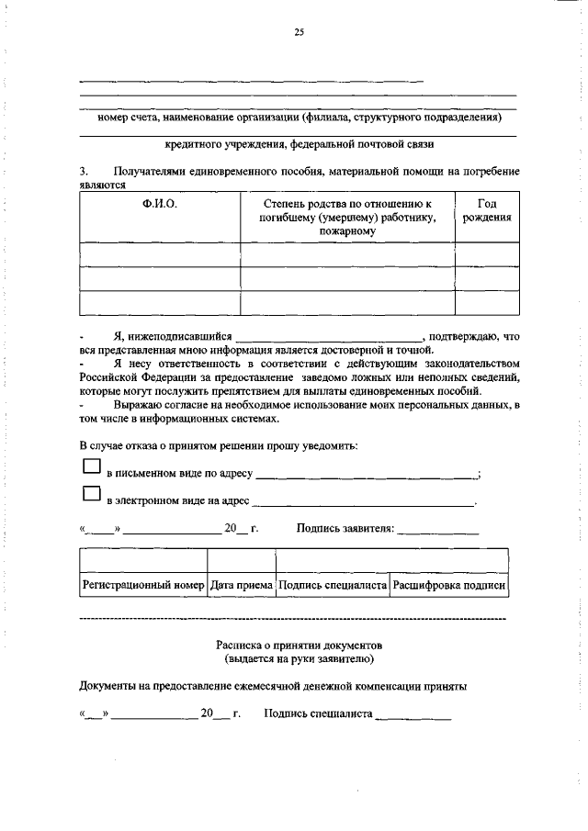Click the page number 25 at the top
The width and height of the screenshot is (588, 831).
point(299,33)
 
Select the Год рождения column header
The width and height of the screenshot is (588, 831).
point(487,211)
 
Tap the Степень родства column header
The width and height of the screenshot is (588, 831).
point(347,218)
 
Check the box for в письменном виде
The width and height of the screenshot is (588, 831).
point(91,467)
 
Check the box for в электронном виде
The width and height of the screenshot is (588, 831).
point(91,494)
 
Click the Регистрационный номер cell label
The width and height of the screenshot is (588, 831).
point(142,584)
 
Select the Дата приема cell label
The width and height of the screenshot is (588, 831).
point(241,584)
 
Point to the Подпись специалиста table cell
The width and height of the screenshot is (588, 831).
point(333,584)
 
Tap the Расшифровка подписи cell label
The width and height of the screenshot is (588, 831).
point(448,584)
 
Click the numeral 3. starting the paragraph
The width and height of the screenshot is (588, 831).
point(84,172)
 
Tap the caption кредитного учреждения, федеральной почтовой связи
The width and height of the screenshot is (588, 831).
point(299,145)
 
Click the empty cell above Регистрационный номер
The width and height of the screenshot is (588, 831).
point(142,560)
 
